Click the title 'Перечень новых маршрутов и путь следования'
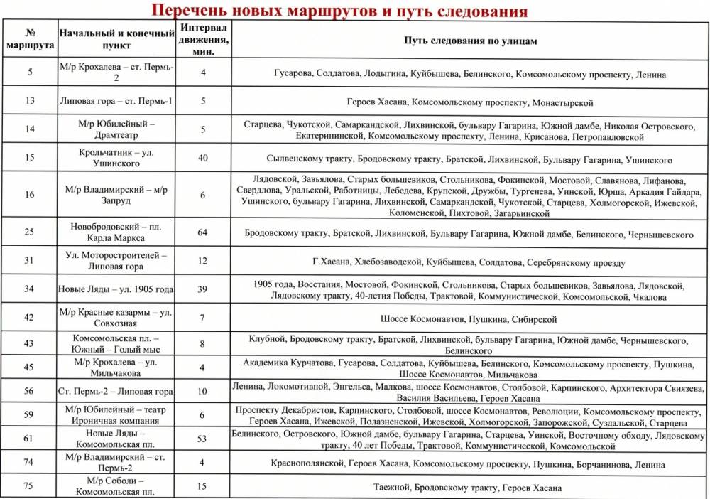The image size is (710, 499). [340, 11]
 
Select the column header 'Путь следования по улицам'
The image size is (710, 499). [471, 41]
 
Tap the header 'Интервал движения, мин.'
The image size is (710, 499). [203, 40]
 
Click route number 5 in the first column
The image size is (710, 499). [30, 72]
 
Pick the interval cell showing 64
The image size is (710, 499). [203, 232]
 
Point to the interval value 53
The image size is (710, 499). [203, 439]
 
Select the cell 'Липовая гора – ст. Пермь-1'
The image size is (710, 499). [117, 100]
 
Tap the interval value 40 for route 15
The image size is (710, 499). [203, 158]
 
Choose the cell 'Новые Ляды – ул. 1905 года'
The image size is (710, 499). [117, 289]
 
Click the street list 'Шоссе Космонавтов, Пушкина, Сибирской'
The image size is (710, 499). [469, 319]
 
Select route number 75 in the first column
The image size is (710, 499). [30, 487]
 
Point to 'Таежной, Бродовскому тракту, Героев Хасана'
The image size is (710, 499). [467, 488]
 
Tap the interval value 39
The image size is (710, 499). [203, 289]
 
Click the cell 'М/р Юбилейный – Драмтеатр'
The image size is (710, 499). [117, 129]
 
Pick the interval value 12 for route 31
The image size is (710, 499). [203, 261]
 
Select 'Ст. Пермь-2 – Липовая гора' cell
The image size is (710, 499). [117, 391]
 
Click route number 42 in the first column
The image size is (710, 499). [30, 318]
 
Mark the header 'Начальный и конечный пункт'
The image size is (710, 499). [117, 40]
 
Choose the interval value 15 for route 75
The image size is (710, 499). [203, 487]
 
